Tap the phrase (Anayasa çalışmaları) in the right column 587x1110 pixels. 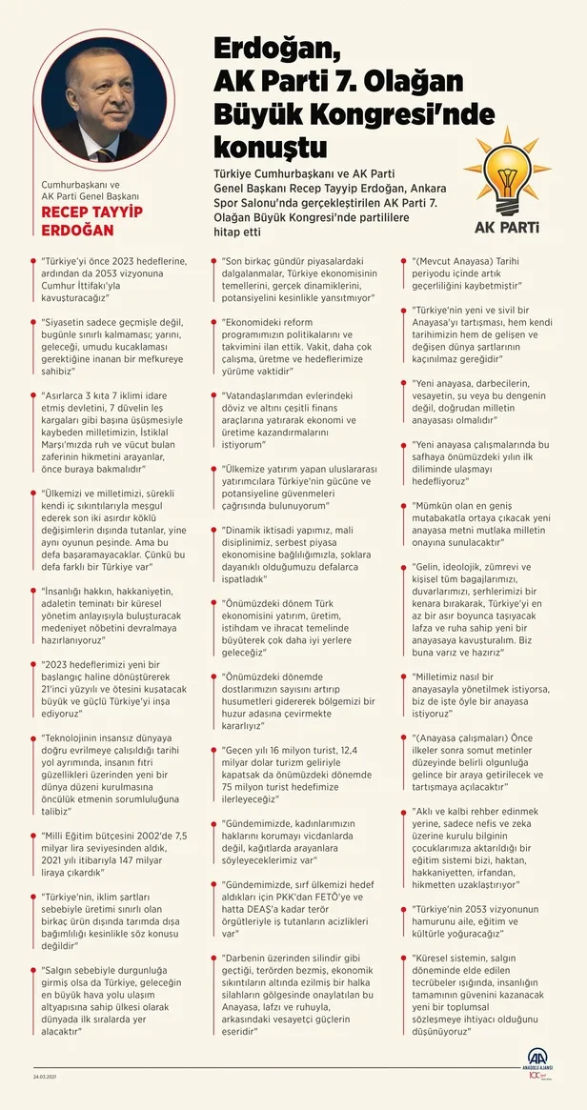(462, 737)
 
